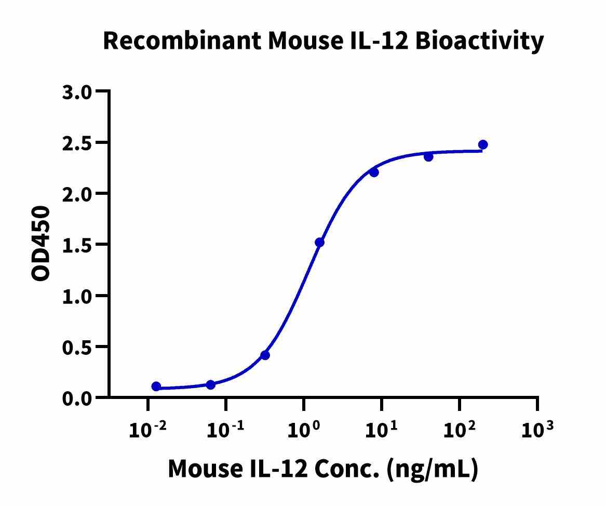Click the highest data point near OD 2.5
pyautogui.click(x=483, y=144)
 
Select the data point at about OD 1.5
pyautogui.click(x=319, y=243)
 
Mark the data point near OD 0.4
pyautogui.click(x=265, y=355)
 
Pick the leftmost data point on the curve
pyautogui.click(x=156, y=387)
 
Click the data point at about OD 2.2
pyautogui.click(x=374, y=172)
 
